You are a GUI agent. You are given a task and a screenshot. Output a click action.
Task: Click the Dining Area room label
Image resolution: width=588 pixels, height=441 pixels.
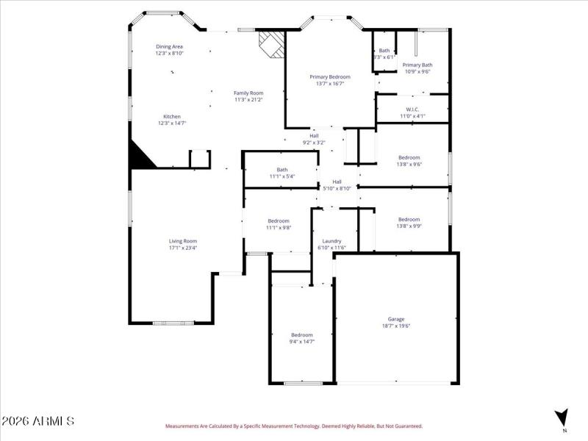click(x=169, y=47)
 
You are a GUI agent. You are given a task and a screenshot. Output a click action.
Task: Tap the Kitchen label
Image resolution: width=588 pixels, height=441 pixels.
click(x=172, y=117)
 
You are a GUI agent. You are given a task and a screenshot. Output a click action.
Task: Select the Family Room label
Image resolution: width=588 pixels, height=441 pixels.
click(x=248, y=93)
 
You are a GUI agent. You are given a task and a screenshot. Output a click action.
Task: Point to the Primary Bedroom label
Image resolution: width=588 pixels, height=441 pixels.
click(x=329, y=77)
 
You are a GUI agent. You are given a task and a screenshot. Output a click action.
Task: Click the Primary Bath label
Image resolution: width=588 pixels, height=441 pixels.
click(x=417, y=65)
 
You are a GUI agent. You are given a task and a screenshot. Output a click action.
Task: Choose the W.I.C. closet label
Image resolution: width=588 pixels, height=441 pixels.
click(x=412, y=110)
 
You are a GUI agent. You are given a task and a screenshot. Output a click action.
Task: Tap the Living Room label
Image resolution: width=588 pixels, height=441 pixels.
click(x=183, y=241)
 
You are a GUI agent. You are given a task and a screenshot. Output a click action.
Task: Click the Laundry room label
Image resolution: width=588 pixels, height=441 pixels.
click(x=331, y=241)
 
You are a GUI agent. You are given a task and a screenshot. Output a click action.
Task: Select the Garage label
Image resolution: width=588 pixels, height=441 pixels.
click(x=397, y=319)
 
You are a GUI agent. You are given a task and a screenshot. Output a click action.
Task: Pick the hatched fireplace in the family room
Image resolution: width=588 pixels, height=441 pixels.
click(x=271, y=43)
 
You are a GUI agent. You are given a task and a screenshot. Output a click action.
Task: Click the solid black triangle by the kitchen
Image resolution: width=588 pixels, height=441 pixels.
click(x=140, y=157)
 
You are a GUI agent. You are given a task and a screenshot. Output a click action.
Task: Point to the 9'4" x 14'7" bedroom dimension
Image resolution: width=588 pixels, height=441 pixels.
click(x=301, y=342)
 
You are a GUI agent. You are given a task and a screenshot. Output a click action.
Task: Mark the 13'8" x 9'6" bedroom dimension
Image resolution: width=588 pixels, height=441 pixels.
click(x=409, y=165)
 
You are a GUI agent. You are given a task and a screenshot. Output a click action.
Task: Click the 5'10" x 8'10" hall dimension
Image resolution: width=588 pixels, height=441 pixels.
click(x=337, y=189)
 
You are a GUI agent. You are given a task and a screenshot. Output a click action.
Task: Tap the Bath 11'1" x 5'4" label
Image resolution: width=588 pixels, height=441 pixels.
click(x=282, y=173)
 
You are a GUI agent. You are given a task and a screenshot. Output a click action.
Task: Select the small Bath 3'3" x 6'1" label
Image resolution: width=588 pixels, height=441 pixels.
click(x=384, y=53)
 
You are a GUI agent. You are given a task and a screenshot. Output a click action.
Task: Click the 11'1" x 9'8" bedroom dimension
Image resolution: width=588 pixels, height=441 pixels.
click(x=279, y=228)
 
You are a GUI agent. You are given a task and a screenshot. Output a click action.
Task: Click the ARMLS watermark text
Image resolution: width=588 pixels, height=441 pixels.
click(x=37, y=422)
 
